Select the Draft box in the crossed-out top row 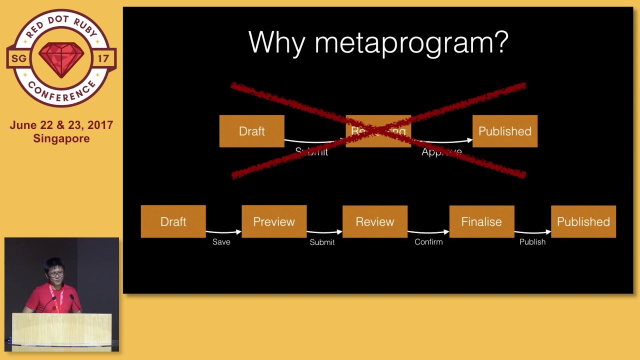(x=251, y=131)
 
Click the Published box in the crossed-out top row (x=504, y=131)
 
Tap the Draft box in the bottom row (x=173, y=221)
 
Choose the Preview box (x=274, y=221)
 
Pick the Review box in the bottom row (x=374, y=221)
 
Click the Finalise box (x=481, y=221)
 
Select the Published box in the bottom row (x=583, y=221)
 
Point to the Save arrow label (x=221, y=242)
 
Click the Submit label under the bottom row (x=322, y=242)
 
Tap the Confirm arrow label (x=428, y=242)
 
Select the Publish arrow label (x=532, y=242)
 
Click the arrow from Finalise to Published (x=532, y=232)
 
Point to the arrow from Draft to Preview (x=223, y=232)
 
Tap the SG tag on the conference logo (x=19, y=58)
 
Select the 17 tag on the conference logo (x=103, y=58)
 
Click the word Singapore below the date (x=61, y=138)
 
